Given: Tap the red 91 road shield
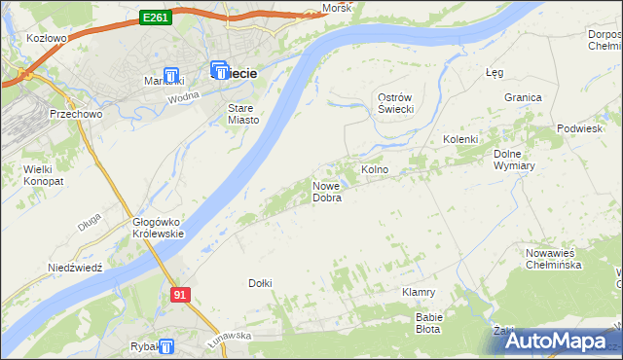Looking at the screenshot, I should click(178, 294).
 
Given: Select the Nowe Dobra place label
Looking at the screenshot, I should click(326, 192).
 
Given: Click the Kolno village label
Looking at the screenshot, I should click(375, 169).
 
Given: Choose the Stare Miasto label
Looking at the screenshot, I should click(242, 114).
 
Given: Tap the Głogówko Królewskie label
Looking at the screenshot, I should click(158, 228).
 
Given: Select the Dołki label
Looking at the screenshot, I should click(260, 283).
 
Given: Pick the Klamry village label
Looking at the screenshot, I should click(418, 292).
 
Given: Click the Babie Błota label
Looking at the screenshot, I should click(429, 323).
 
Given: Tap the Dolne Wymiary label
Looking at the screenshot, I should click(521, 160).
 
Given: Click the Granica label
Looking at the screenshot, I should click(523, 97).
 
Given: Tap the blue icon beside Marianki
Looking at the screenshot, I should click(172, 76).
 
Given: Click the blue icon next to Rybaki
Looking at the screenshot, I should click(166, 346).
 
